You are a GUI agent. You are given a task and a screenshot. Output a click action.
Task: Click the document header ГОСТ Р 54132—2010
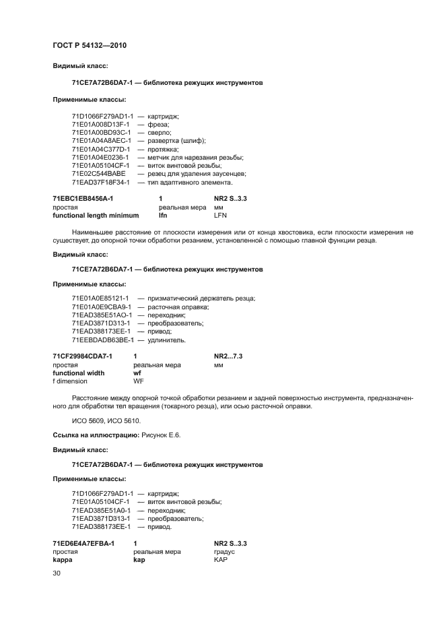[90, 45]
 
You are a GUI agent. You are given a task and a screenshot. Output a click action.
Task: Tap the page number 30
[57, 573]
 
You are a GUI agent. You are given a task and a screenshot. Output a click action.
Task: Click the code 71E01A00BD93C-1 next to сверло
[101, 132]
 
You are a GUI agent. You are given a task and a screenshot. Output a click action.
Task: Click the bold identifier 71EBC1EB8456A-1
[83, 199]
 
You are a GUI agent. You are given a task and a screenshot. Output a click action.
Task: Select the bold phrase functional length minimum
[96, 216]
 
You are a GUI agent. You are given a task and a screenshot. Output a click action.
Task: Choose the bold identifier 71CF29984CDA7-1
[82, 356]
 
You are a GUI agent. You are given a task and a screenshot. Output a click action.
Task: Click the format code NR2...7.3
[228, 356]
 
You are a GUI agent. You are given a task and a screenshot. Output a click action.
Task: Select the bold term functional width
[79, 373]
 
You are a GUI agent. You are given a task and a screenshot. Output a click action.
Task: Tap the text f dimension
[70, 381]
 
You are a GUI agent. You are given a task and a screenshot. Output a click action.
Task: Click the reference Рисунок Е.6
[160, 435]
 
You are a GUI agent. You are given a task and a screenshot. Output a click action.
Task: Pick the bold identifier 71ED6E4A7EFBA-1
[83, 543]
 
